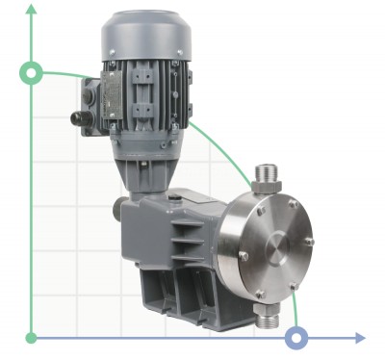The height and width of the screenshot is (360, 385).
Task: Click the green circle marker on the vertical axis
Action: pos(32,72)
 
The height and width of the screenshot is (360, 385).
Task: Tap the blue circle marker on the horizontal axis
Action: pos(298,338)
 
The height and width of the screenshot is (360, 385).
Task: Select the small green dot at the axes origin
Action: pos(32,338)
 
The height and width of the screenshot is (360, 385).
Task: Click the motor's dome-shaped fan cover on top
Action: pos(148,34)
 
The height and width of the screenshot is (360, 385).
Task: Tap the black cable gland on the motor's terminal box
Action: pos(77,119)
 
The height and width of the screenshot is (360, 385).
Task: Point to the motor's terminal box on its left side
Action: pos(95,96)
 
